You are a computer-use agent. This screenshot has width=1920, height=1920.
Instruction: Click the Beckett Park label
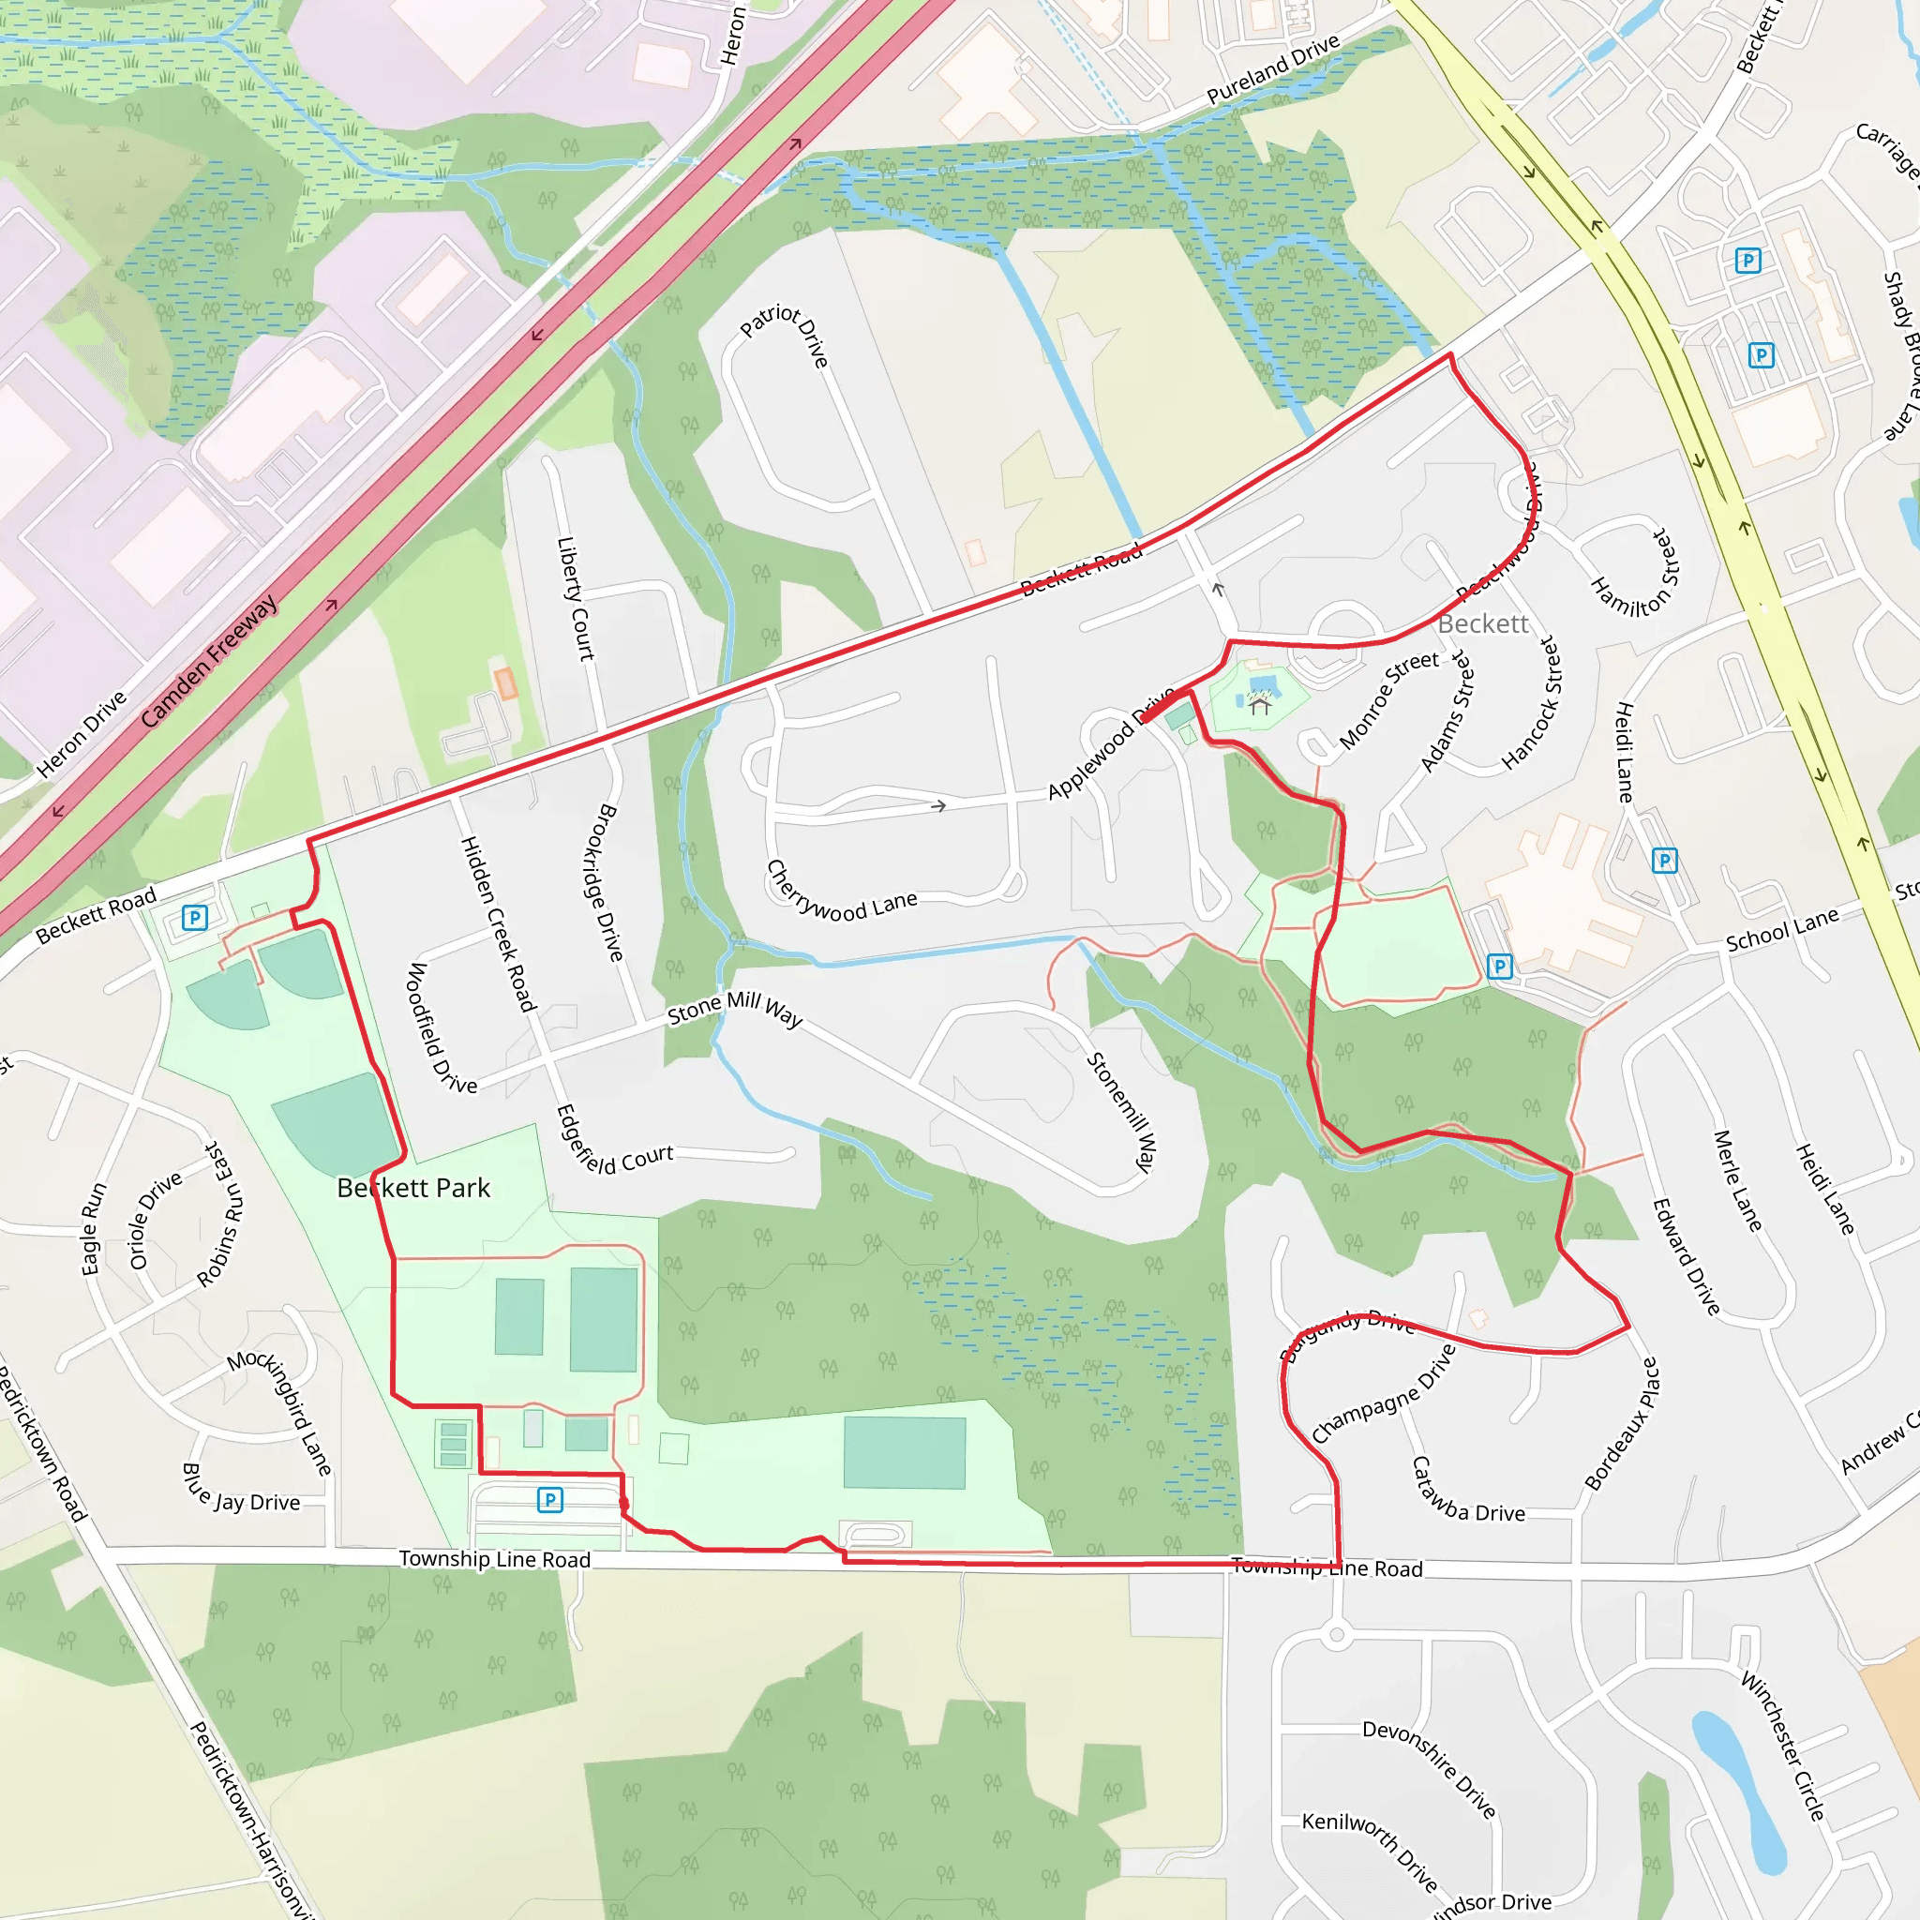413,1188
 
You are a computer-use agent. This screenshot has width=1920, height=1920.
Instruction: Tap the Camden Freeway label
209,661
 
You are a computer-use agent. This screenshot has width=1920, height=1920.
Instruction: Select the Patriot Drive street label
785,335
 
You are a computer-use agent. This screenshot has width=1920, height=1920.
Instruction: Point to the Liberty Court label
575,598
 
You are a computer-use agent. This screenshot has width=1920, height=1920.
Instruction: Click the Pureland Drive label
1273,68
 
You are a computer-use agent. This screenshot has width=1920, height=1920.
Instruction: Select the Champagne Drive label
1384,1393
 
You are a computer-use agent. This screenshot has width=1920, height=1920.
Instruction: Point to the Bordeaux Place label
1622,1424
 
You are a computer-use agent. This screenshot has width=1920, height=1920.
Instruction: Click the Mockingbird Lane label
280,1412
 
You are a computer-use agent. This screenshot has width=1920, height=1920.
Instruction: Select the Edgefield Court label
614,1143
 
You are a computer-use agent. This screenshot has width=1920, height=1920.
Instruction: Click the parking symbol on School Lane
1500,966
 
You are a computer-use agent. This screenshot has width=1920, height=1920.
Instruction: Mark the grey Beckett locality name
1483,623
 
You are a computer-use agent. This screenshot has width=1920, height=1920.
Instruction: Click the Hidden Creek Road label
498,923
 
